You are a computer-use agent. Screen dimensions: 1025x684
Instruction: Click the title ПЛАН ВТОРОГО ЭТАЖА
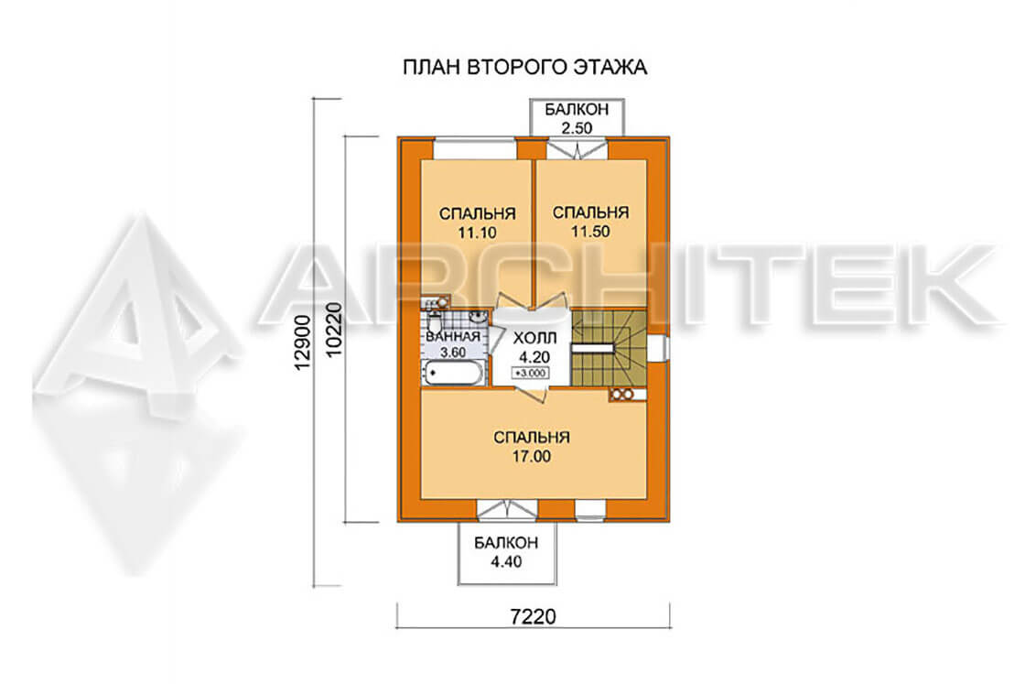pyautogui.click(x=525, y=68)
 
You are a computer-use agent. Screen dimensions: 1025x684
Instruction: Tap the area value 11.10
pyautogui.click(x=477, y=233)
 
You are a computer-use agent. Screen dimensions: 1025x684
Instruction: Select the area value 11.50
pyautogui.click(x=590, y=232)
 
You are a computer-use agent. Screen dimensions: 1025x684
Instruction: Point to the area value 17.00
pyautogui.click(x=532, y=456)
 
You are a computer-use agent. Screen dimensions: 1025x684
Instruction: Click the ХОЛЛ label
pyautogui.click(x=534, y=338)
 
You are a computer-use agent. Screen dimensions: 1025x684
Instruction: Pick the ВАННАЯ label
pyautogui.click(x=453, y=337)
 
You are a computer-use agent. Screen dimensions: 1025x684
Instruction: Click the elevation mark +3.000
pyautogui.click(x=532, y=374)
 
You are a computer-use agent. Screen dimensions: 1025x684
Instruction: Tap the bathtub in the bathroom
pyautogui.click(x=454, y=374)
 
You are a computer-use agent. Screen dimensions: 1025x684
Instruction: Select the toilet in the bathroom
pyautogui.click(x=434, y=323)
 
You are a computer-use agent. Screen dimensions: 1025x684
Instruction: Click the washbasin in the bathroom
pyautogui.click(x=479, y=318)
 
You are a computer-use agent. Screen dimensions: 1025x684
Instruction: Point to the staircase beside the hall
pyautogui.click(x=609, y=348)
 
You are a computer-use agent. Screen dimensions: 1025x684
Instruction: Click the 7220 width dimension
pyautogui.click(x=533, y=616)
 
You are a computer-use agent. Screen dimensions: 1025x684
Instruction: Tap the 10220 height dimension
pyautogui.click(x=333, y=330)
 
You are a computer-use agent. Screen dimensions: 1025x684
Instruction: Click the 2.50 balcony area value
pyautogui.click(x=577, y=127)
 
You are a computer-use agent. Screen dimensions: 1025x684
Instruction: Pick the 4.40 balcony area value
pyautogui.click(x=506, y=561)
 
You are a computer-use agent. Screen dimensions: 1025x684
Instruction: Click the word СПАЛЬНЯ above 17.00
pyautogui.click(x=532, y=437)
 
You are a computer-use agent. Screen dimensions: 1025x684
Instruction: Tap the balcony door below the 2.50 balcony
pyautogui.click(x=577, y=150)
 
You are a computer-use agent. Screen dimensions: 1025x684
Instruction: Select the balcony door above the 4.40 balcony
pyautogui.click(x=507, y=510)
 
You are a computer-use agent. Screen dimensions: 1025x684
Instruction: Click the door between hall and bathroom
pyautogui.click(x=494, y=340)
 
